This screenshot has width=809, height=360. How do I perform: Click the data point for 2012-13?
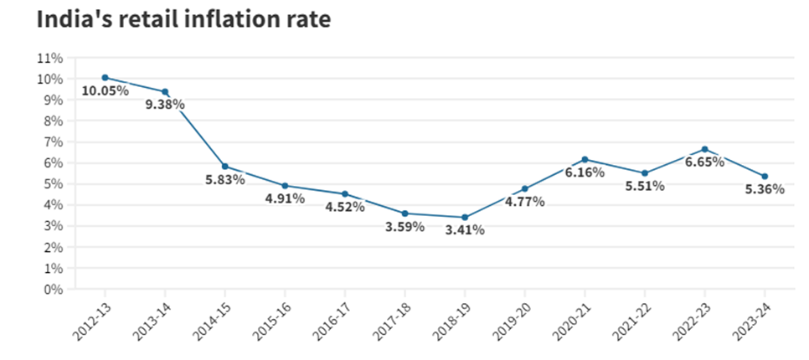(106, 78)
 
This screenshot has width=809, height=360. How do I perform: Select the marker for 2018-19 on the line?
(465, 218)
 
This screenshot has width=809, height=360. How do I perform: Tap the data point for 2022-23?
(705, 150)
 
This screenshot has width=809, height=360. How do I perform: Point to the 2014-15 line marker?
(225, 167)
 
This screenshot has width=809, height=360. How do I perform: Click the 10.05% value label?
(106, 91)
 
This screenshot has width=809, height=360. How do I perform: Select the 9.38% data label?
(165, 105)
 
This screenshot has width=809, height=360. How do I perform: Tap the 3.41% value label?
(465, 230)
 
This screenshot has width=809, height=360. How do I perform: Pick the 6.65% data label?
(705, 162)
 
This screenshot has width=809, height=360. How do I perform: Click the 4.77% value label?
(525, 202)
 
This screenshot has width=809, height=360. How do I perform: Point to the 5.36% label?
(765, 189)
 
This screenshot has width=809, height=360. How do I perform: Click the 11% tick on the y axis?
(50, 59)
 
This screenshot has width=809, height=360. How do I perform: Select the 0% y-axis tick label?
(53, 290)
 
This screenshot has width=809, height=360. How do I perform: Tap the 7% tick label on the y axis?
(53, 142)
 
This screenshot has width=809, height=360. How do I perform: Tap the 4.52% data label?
(345, 208)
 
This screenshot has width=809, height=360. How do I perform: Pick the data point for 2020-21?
(585, 159)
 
